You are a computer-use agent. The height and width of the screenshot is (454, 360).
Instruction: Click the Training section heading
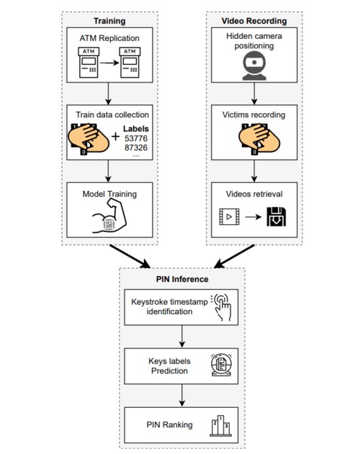click(x=109, y=21)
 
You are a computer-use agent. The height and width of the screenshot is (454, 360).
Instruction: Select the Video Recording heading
click(x=254, y=21)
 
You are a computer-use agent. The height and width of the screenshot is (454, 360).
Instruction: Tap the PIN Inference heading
click(x=182, y=279)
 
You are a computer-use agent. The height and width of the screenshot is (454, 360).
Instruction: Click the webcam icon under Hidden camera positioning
click(x=254, y=66)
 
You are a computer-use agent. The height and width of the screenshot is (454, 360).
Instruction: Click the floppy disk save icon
click(x=276, y=217)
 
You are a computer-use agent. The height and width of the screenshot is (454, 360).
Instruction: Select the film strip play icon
click(x=229, y=217)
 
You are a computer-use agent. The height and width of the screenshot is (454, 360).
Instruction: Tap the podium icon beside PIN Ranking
click(x=220, y=426)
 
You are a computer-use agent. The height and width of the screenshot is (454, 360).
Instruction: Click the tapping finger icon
click(x=221, y=308)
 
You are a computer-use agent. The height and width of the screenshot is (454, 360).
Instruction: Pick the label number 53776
click(x=136, y=138)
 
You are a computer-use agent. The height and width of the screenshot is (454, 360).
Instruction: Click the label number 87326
click(x=136, y=148)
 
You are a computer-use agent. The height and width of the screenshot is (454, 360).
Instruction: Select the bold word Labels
click(x=136, y=129)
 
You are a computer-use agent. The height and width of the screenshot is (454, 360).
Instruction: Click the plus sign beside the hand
click(x=115, y=136)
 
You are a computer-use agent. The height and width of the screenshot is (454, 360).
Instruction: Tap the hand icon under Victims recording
click(x=259, y=139)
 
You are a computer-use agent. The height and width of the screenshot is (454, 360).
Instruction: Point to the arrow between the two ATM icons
click(x=109, y=63)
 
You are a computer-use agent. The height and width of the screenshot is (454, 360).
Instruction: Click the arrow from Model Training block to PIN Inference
click(x=130, y=257)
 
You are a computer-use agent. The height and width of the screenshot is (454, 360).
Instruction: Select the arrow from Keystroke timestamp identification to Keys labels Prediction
click(x=181, y=336)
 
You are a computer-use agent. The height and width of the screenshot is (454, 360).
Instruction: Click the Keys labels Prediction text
click(x=169, y=366)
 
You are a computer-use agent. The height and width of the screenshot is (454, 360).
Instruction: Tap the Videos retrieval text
click(x=254, y=194)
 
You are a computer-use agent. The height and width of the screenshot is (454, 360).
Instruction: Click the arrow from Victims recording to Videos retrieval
click(x=254, y=171)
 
